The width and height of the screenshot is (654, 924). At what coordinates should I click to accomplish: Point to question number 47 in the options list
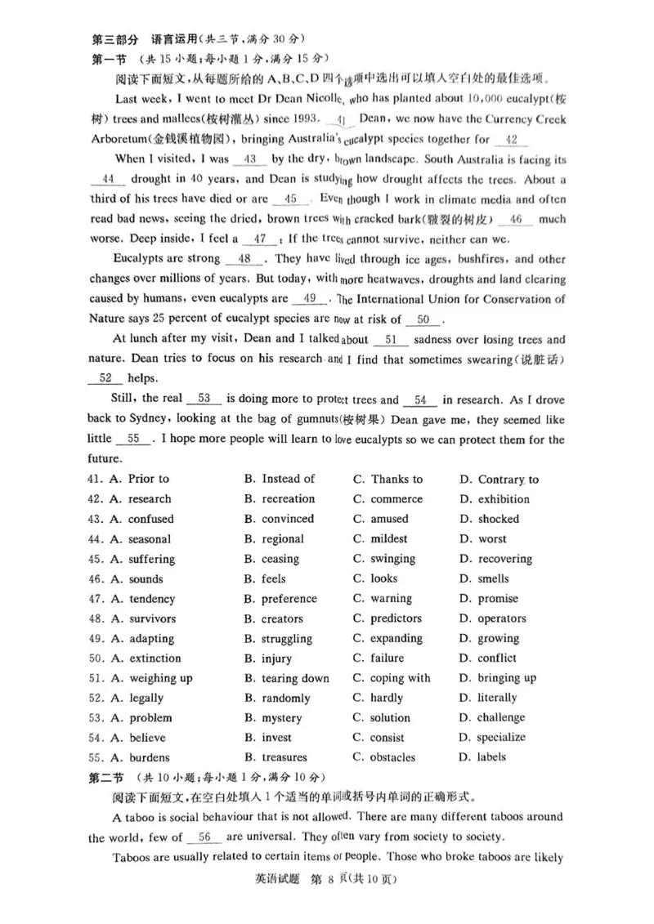pyautogui.click(x=95, y=599)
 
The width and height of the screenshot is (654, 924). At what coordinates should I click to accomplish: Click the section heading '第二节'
pyautogui.click(x=110, y=777)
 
